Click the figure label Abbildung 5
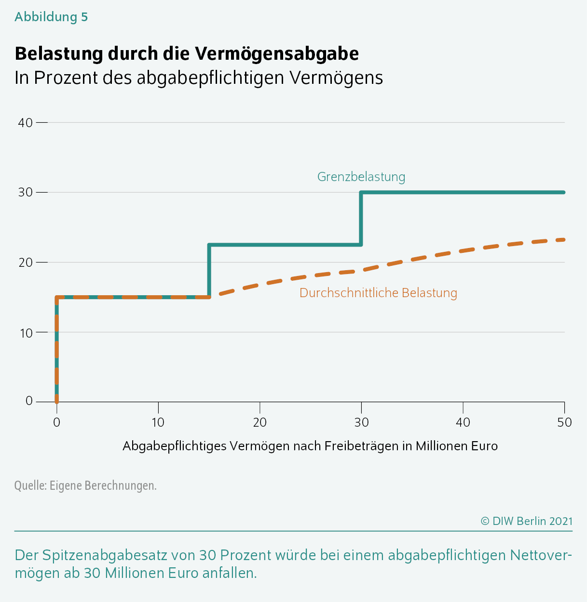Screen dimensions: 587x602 [51, 17]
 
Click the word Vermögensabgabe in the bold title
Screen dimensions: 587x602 [276, 54]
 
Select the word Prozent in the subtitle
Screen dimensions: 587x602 [66, 78]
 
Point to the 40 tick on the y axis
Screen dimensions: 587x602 [25, 123]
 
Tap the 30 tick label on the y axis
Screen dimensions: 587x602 [25, 193]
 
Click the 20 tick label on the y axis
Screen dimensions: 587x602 [25, 262]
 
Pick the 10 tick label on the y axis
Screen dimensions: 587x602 [26, 333]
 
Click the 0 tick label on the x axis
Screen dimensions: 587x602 [57, 422]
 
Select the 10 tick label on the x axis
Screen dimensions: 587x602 [158, 422]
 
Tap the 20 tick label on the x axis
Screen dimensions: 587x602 [259, 422]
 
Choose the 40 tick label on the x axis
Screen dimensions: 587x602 [463, 422]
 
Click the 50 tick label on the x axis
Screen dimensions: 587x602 [564, 422]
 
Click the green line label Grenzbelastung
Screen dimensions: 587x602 [361, 177]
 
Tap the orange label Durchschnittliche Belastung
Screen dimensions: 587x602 [378, 293]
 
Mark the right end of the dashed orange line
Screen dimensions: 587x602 [564, 240]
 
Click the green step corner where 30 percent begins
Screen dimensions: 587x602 [361, 193]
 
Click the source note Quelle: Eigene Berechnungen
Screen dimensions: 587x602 [85, 485]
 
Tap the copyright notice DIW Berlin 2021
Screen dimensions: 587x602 [527, 521]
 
